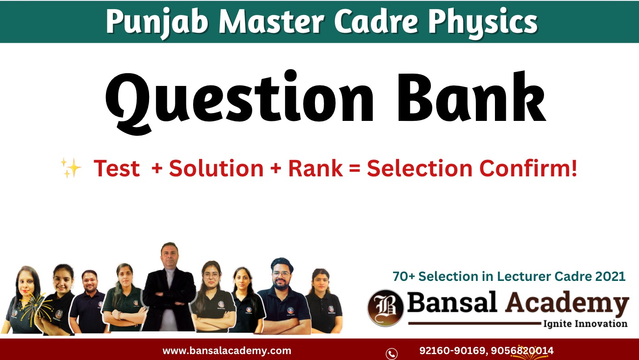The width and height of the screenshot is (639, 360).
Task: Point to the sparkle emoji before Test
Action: [71, 169]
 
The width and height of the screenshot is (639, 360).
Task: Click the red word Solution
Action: [216, 169]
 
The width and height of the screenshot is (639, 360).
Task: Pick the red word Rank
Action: [315, 169]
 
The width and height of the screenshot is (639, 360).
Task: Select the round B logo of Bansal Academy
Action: [386, 308]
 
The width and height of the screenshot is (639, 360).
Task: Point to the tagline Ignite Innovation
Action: [585, 324]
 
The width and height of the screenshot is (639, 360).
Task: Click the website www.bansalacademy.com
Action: [227, 350]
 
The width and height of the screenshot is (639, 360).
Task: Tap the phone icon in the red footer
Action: [391, 353]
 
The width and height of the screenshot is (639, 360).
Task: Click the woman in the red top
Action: [23, 300]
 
